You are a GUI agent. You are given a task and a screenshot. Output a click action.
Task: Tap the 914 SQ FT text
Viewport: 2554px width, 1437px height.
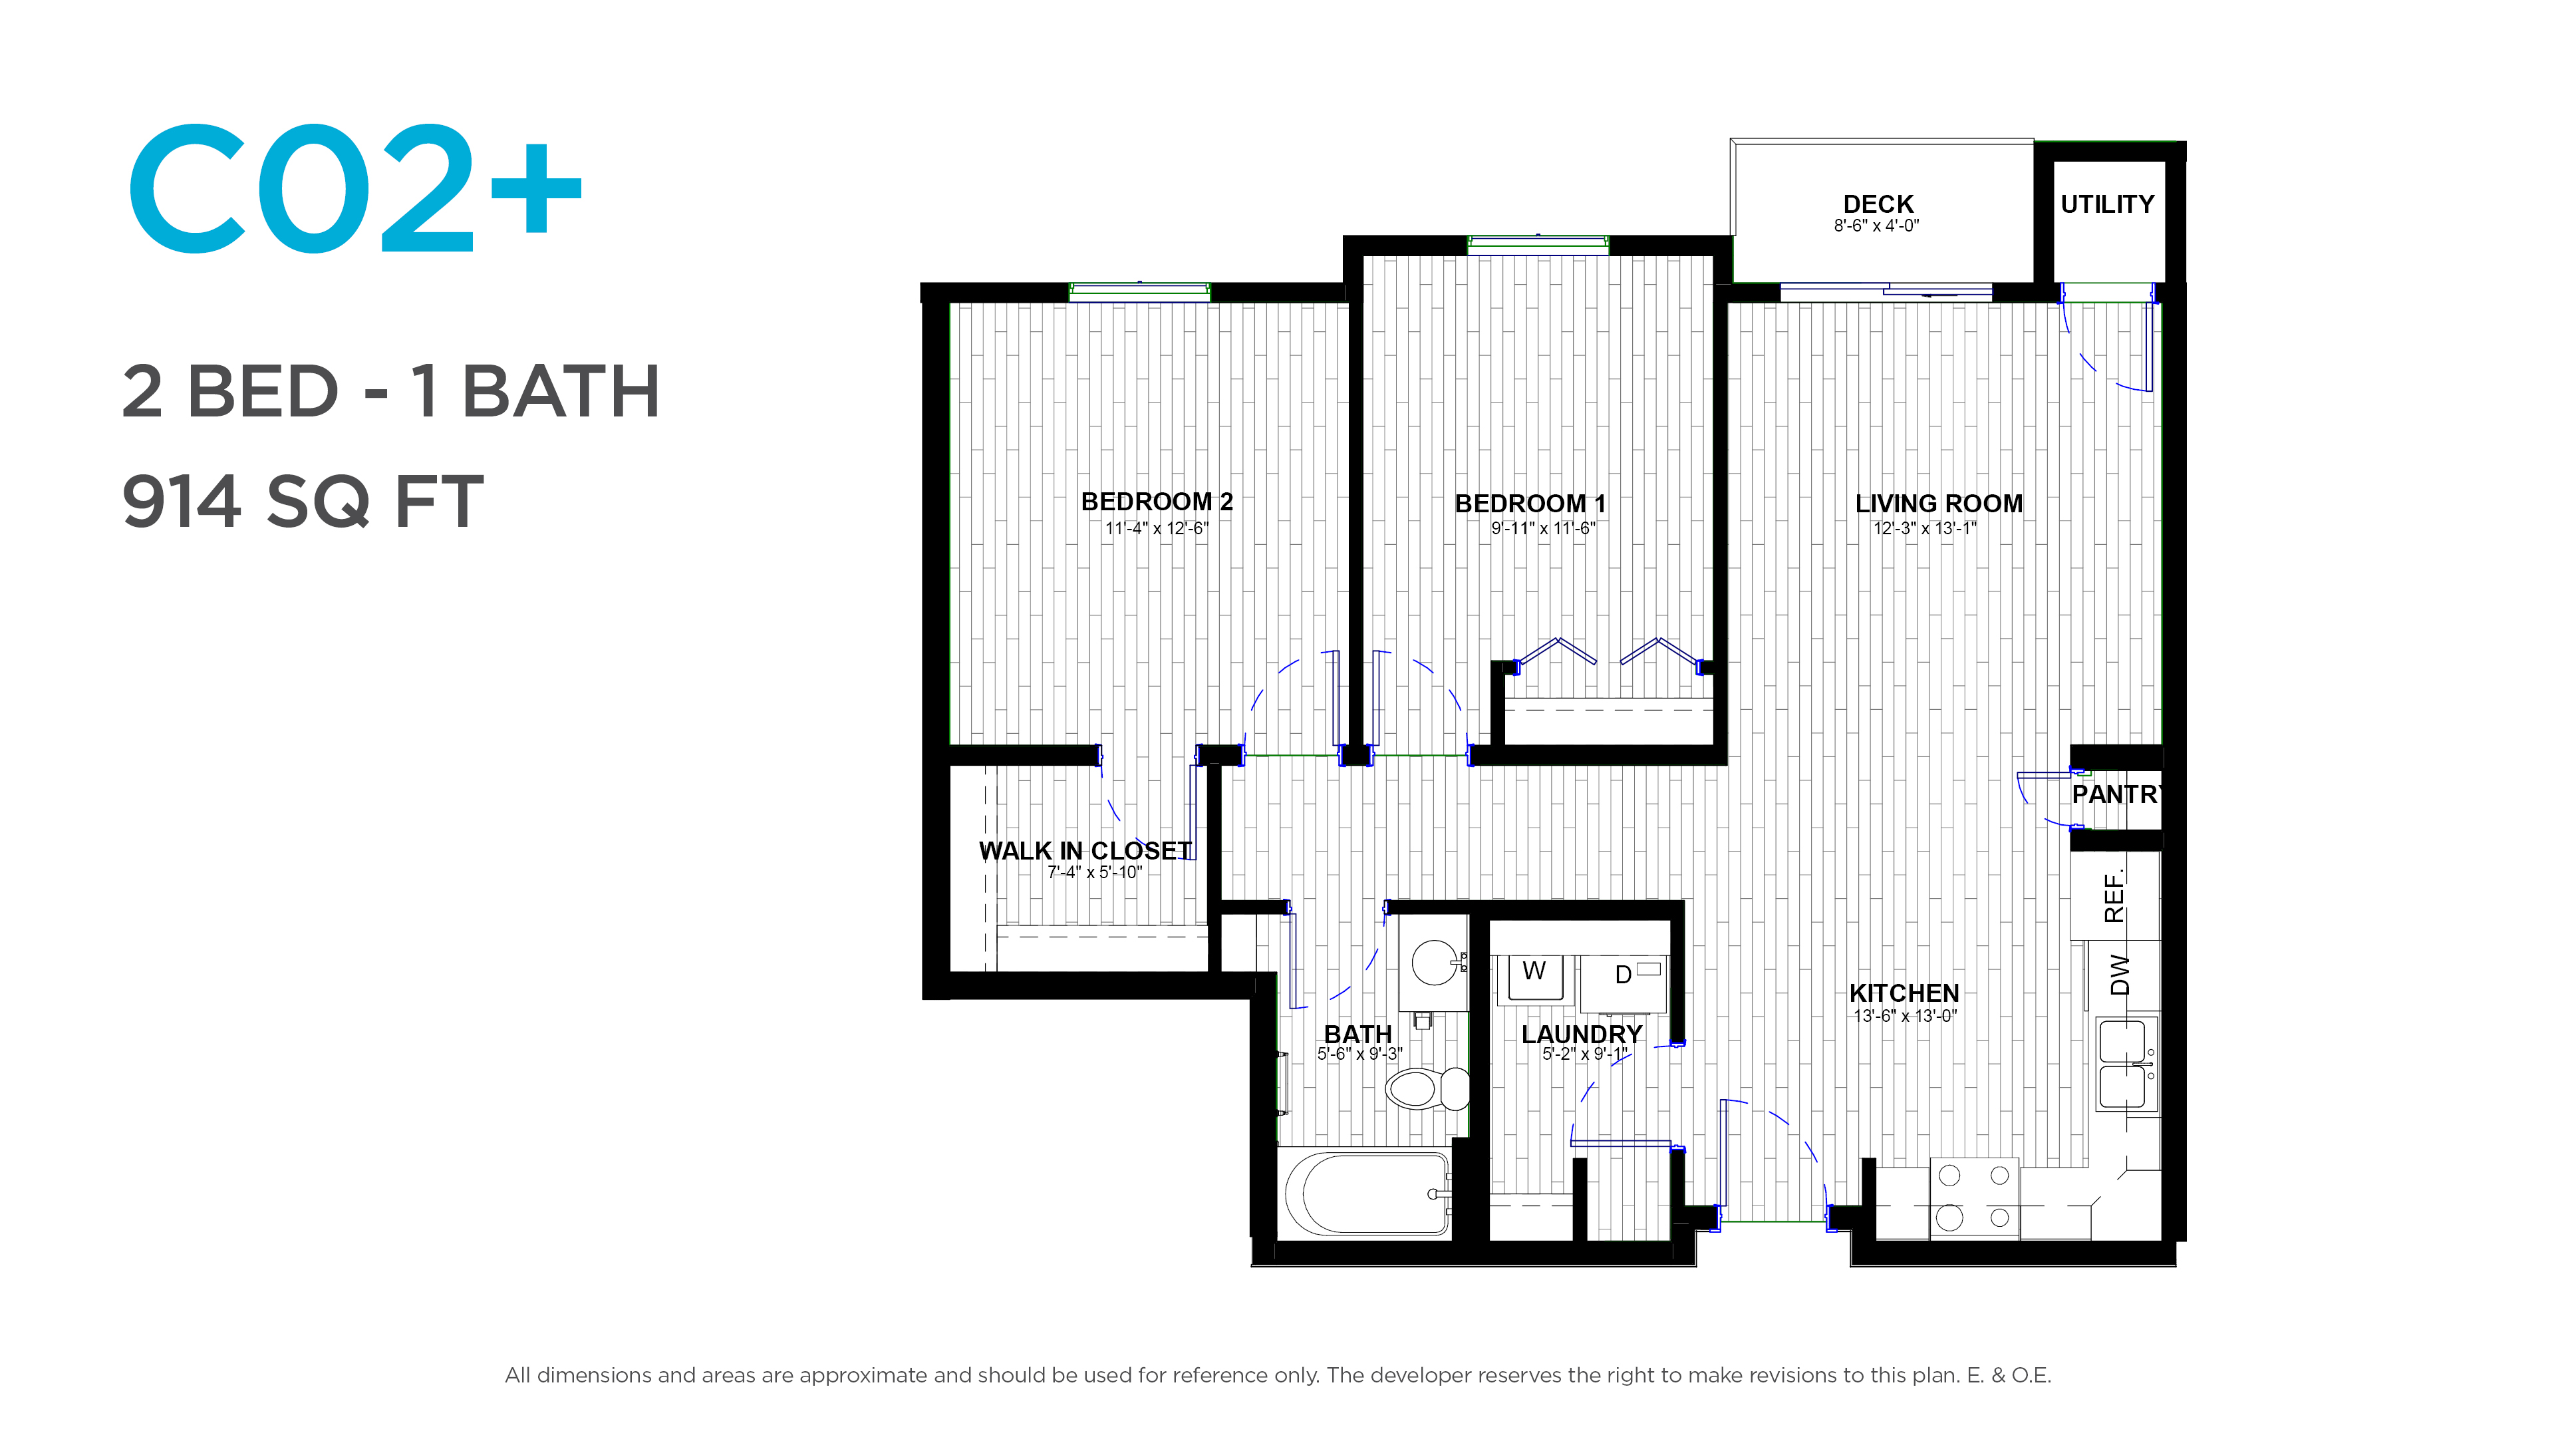303,502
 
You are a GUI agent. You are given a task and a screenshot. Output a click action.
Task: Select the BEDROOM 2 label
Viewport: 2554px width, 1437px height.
1157,502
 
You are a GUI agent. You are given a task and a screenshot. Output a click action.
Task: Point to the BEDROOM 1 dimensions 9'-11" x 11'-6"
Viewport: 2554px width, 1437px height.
1544,529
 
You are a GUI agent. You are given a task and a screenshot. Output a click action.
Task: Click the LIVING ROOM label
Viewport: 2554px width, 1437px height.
1938,504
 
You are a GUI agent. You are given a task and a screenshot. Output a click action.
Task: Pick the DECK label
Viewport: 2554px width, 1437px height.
1878,204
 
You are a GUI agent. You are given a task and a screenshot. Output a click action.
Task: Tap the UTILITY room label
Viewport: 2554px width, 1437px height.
2107,204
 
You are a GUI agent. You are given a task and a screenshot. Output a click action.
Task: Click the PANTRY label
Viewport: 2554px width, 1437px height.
2116,794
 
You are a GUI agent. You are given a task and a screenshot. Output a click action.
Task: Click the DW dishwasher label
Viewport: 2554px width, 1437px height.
2120,975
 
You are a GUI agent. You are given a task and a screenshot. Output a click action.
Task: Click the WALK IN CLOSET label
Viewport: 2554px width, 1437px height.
1085,851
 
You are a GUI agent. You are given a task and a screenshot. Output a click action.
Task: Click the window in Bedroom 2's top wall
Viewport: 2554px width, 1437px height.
1140,291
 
